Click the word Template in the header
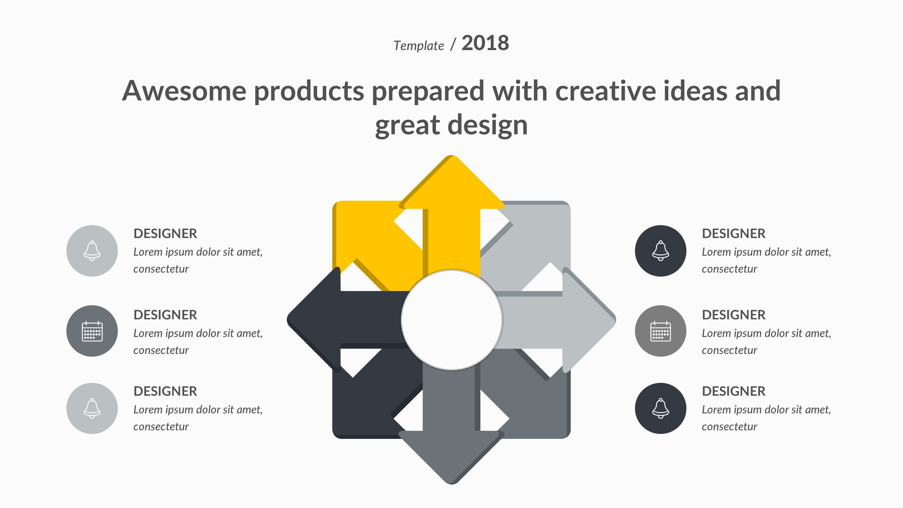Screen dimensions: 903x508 click(x=419, y=46)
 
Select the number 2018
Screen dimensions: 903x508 click(x=485, y=43)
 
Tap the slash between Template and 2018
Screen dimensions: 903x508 click(x=453, y=44)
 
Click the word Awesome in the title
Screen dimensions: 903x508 click(x=184, y=91)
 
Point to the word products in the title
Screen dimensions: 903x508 click(x=309, y=91)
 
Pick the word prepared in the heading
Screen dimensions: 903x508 click(x=428, y=91)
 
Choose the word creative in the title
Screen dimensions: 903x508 click(x=605, y=91)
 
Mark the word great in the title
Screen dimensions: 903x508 click(x=407, y=126)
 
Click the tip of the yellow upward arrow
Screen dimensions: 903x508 click(x=451, y=156)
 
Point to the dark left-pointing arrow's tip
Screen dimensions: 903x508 click(x=287, y=320)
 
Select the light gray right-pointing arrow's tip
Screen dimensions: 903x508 click(x=616, y=320)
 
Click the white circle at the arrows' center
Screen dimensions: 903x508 click(x=452, y=320)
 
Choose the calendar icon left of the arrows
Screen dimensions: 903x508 click(x=92, y=331)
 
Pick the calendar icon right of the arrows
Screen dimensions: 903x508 click(x=661, y=331)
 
